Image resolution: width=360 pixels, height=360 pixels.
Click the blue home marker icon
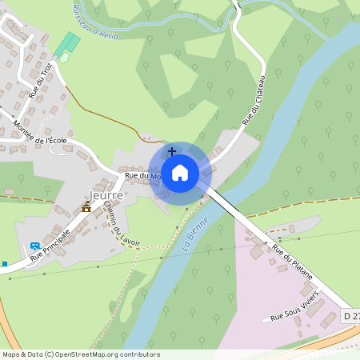pos(180,172)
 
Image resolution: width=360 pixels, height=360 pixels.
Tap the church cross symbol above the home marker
pos(171,151)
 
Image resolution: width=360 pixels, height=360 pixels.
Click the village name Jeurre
pos(106,195)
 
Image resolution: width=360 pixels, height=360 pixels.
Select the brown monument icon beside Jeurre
pos(86,207)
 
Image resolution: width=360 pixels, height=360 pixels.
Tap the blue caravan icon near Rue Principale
pos(34,246)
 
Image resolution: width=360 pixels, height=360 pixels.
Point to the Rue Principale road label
pos(50,246)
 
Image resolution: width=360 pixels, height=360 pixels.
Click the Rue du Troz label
pos(41,81)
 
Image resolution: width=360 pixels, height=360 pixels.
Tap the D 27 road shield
pos(350,316)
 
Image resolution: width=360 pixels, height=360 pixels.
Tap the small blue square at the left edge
pos(4,263)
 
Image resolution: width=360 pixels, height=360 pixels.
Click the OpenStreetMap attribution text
pos(80,354)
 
